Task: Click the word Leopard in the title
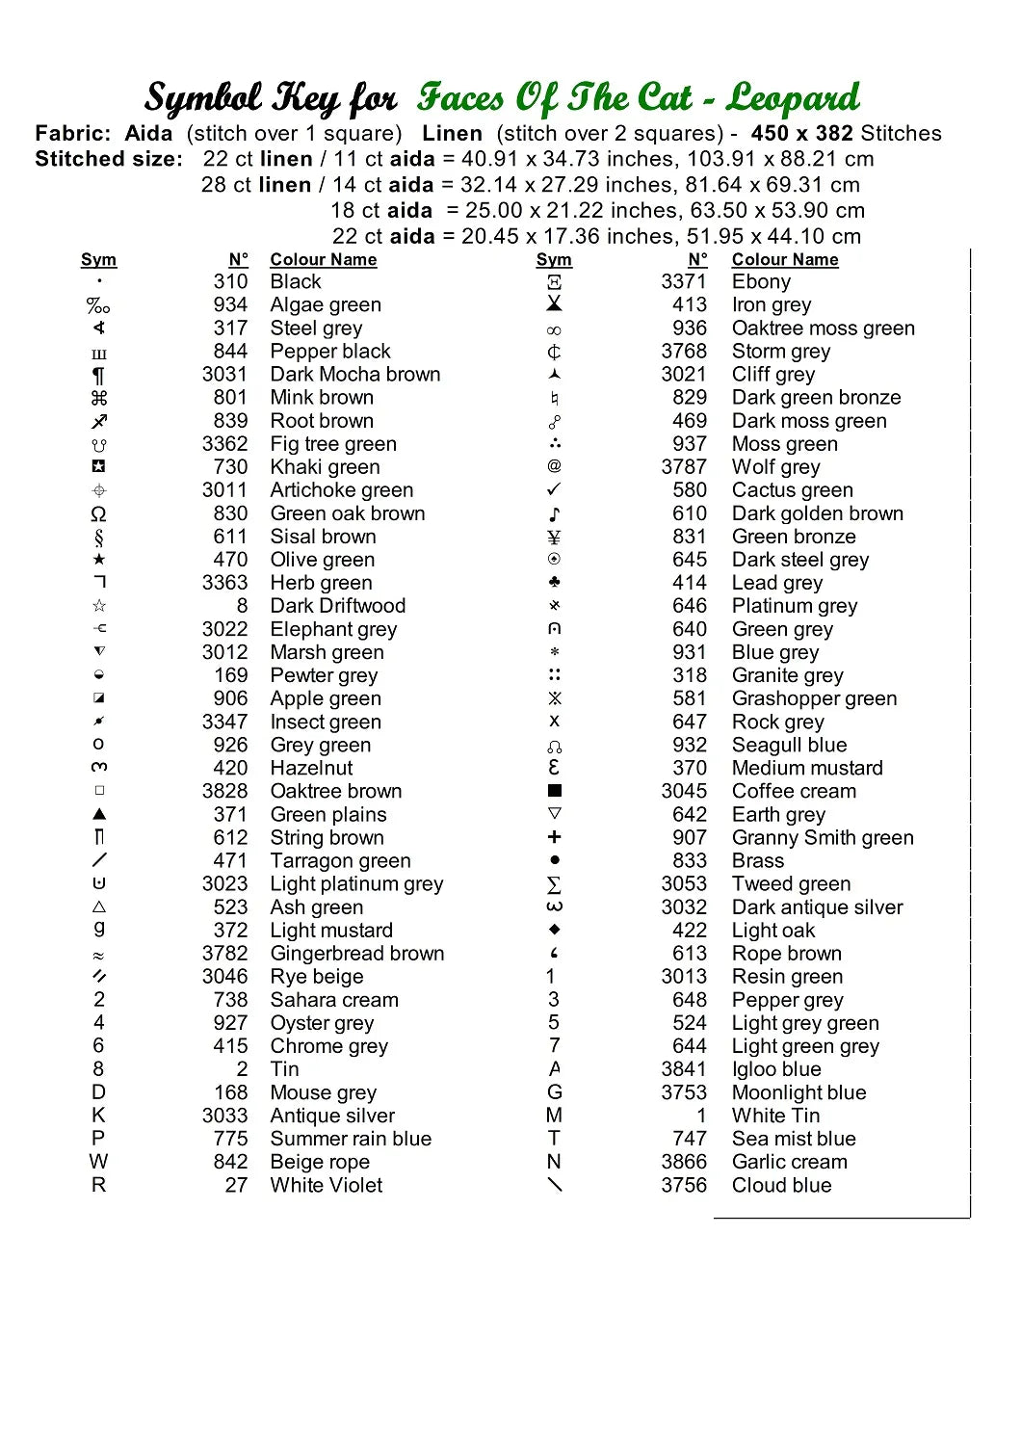pos(792,98)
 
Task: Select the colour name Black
pos(296,281)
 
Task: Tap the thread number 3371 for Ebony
pos(683,281)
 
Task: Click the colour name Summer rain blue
pos(351,1139)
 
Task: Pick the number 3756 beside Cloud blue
pos(683,1185)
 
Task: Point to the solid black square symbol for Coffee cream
pos(554,791)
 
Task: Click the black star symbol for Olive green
pos(99,560)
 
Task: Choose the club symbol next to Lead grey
pos(554,583)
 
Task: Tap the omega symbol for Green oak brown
pos(99,514)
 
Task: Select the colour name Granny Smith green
pos(823,838)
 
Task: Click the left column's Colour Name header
pos(323,260)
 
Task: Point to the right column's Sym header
pos(554,260)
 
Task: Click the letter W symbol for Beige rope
pos(99,1162)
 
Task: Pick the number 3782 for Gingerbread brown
pos(224,954)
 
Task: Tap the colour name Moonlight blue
pos(798,1092)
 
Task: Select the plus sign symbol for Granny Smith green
pos(554,837)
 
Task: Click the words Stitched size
pos(108,160)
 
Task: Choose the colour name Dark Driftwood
pos(337,606)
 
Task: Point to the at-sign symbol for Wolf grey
pos(554,467)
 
